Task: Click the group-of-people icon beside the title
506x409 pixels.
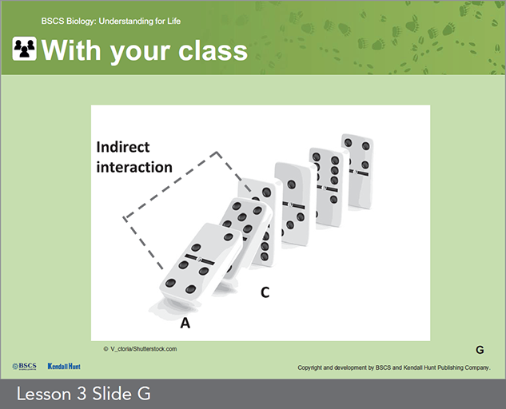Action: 25,49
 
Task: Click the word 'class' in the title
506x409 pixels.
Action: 213,50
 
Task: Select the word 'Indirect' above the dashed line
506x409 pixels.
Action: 123,147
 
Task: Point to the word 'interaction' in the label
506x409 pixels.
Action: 134,167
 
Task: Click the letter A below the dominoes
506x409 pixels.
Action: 185,323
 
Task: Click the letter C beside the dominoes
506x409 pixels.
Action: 265,292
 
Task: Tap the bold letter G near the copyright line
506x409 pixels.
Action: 480,350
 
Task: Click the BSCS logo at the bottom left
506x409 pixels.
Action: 24,366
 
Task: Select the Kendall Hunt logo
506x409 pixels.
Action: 64,366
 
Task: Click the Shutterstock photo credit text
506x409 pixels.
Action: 140,348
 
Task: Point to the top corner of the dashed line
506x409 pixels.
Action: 217,152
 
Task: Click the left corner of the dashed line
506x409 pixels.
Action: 124,218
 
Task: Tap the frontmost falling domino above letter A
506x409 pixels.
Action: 201,260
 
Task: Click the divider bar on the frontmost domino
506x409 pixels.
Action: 200,259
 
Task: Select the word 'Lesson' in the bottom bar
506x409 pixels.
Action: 44,394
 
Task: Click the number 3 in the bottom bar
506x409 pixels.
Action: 82,394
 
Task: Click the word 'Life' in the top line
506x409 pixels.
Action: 174,22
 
